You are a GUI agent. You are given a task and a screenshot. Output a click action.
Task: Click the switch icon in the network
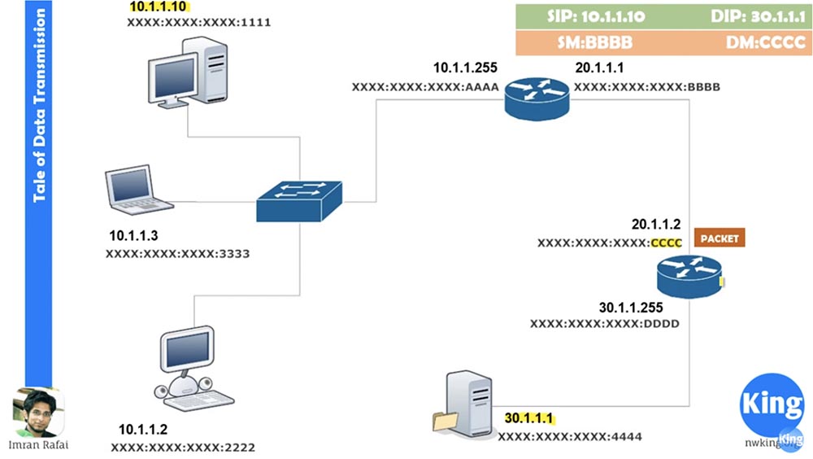coord(299,200)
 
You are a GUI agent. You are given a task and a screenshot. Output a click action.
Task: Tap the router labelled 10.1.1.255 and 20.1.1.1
coord(537,98)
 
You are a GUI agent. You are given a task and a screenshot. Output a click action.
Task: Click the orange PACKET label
coord(719,239)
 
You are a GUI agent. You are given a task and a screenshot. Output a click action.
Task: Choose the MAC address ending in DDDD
coord(604,324)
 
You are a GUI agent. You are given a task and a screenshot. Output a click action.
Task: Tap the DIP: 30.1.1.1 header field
coord(744,16)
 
